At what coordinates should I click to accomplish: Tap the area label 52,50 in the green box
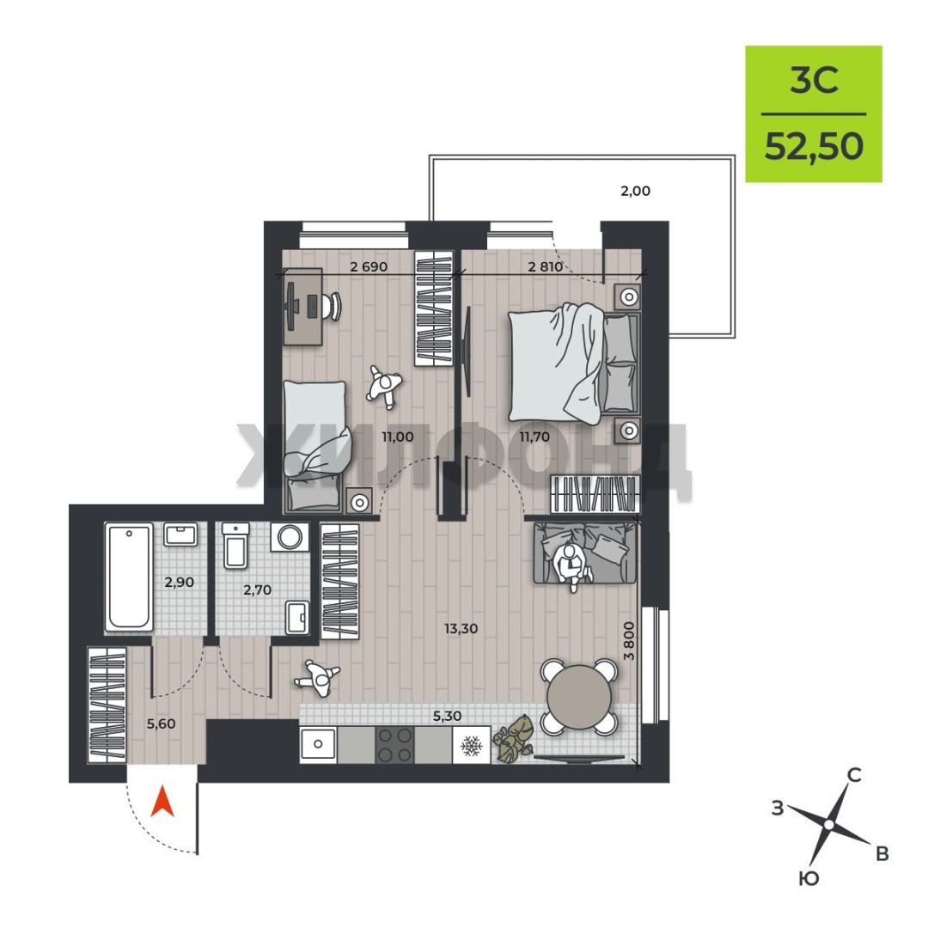814,146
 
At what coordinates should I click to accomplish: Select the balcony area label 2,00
635,191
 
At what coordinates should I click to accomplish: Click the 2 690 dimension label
369,266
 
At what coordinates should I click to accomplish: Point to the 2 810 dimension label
545,266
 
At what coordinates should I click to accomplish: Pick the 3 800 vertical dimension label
629,640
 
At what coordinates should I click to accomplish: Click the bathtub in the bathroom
129,577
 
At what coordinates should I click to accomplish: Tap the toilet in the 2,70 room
235,545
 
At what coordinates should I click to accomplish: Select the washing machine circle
290,537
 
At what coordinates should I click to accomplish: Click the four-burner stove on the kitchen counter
394,744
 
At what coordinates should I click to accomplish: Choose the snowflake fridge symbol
472,745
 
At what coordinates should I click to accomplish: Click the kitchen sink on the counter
318,744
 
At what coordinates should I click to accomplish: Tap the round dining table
579,697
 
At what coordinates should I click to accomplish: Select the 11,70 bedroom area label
534,437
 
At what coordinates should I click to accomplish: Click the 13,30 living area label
461,628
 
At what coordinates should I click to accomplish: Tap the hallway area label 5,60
161,723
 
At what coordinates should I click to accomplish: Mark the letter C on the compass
855,774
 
